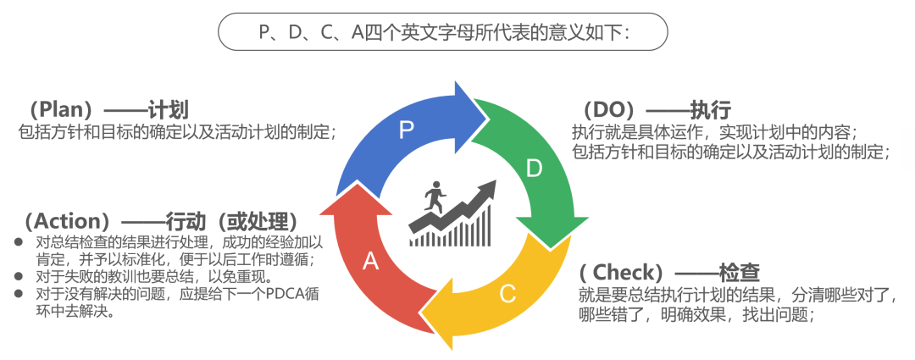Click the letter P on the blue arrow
(406, 129)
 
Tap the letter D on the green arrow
(534, 169)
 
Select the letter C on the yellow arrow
(507, 294)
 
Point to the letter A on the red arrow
(370, 261)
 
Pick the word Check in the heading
(625, 273)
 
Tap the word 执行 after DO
(710, 110)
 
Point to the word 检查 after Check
(739, 273)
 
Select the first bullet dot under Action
(19, 242)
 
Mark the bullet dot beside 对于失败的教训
(19, 277)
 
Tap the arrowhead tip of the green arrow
(552, 246)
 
